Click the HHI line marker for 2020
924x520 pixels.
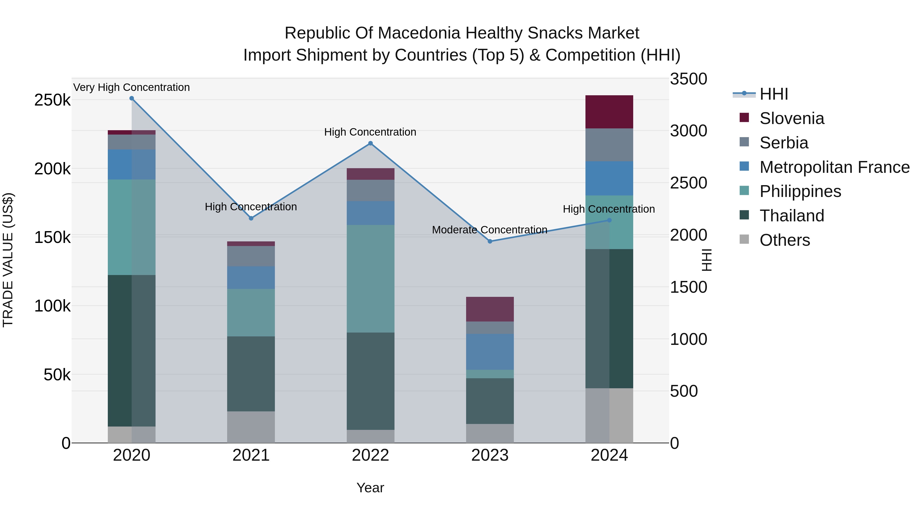pyautogui.click(x=132, y=98)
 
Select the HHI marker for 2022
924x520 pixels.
pyautogui.click(x=371, y=144)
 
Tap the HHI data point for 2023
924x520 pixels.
pyautogui.click(x=490, y=241)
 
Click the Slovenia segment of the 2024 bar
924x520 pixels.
pyautogui.click(x=609, y=112)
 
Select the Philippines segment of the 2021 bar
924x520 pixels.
pyautogui.click(x=251, y=312)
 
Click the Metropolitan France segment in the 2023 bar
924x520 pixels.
pyautogui.click(x=490, y=352)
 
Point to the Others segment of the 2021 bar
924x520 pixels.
pyautogui.click(x=251, y=427)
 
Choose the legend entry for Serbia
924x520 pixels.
pyautogui.click(x=784, y=143)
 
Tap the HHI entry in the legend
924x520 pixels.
pyautogui.click(x=774, y=94)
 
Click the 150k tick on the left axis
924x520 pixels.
pyautogui.click(x=52, y=238)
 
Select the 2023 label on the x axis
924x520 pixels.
pyautogui.click(x=490, y=455)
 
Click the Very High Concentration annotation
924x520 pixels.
pyautogui.click(x=132, y=87)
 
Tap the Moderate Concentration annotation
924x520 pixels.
pyautogui.click(x=490, y=230)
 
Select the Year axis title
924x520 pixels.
pyautogui.click(x=370, y=488)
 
